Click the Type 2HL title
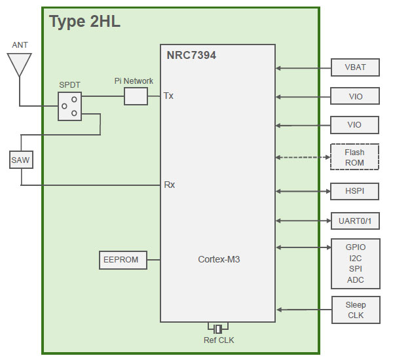coord(84,22)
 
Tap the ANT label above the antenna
coord(20,45)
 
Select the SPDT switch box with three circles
coord(69,105)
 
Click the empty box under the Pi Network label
coord(136,96)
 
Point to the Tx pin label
coord(168,96)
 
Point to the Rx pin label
coord(169,185)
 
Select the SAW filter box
coord(20,159)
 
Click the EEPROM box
coord(121,260)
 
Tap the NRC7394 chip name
coord(191,56)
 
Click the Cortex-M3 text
coord(219,259)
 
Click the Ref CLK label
coord(218,340)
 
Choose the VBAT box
coord(355,67)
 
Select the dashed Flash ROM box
coord(354,157)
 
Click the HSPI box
coord(355,191)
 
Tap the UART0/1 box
coord(355,221)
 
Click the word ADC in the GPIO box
coord(355,280)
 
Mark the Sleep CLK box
coord(355,310)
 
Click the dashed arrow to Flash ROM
coord(302,157)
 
